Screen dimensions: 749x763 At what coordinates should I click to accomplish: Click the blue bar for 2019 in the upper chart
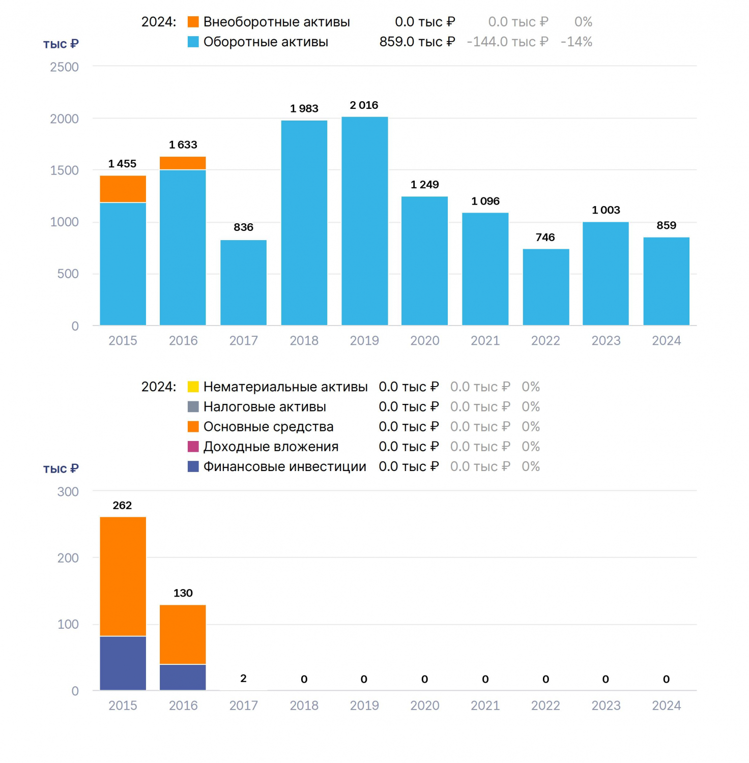(364, 221)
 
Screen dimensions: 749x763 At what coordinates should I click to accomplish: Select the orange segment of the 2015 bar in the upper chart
(123, 189)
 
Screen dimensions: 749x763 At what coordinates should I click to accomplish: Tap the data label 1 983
(304, 108)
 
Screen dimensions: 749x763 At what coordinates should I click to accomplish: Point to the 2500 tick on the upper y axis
(64, 67)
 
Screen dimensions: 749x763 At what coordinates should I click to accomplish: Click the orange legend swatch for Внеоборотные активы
(193, 22)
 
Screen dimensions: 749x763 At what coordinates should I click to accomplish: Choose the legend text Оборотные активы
(266, 42)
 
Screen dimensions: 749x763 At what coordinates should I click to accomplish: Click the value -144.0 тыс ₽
(507, 42)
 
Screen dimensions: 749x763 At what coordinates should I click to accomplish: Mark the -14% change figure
(577, 42)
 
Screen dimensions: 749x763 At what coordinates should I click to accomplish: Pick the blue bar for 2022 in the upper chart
(545, 287)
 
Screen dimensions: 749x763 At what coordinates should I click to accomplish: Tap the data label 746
(545, 237)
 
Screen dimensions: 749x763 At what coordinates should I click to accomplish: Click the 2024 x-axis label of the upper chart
(666, 340)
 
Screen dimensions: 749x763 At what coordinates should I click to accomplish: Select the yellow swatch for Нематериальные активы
(193, 387)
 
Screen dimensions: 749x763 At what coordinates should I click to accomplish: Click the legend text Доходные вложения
(271, 447)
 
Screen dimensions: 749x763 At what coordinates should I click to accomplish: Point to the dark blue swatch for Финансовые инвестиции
(193, 466)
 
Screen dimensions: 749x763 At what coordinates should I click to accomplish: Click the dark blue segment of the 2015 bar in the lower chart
(123, 663)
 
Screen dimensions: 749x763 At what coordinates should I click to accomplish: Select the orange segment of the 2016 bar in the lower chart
(183, 634)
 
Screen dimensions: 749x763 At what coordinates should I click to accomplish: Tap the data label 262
(122, 505)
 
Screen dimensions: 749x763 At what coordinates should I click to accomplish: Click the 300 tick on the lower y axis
(68, 492)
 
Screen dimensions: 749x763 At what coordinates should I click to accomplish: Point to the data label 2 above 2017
(243, 678)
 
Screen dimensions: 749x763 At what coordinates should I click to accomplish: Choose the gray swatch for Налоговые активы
(193, 406)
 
